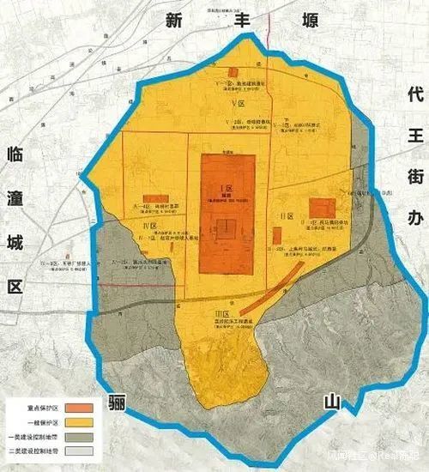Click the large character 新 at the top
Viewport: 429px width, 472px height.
tap(177, 21)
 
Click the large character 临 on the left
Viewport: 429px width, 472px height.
tap(15, 154)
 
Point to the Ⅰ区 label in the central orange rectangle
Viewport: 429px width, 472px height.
tap(227, 186)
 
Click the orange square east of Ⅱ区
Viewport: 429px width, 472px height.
tap(322, 209)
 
